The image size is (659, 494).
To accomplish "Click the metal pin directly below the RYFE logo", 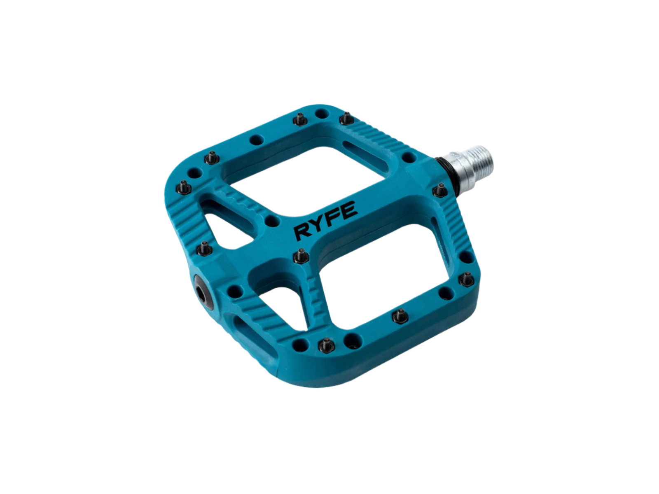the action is click(x=301, y=257).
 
